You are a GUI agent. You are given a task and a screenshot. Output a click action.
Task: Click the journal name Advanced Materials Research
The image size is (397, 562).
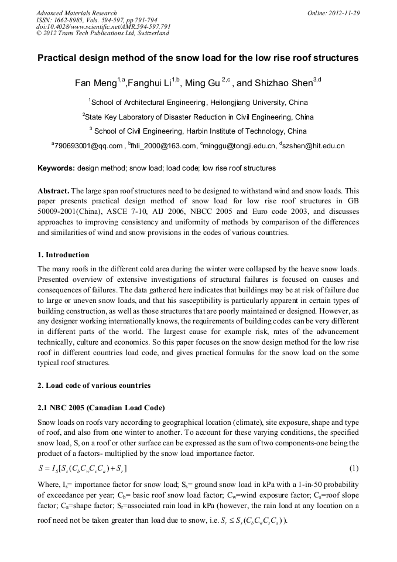[x=76, y=13]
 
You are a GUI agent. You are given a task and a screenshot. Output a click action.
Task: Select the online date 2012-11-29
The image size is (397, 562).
[x=344, y=13]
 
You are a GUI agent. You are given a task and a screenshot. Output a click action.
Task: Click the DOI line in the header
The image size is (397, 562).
[x=103, y=26]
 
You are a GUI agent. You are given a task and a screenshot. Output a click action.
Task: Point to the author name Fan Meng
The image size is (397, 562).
[x=96, y=83]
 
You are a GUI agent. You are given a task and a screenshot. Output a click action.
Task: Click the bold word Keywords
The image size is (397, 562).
[x=56, y=168]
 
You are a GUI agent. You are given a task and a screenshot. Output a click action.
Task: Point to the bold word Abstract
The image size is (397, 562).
[x=53, y=191]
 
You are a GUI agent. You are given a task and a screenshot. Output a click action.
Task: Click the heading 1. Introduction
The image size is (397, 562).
[x=63, y=255]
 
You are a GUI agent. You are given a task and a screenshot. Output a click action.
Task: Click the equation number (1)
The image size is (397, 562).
[x=354, y=468]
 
